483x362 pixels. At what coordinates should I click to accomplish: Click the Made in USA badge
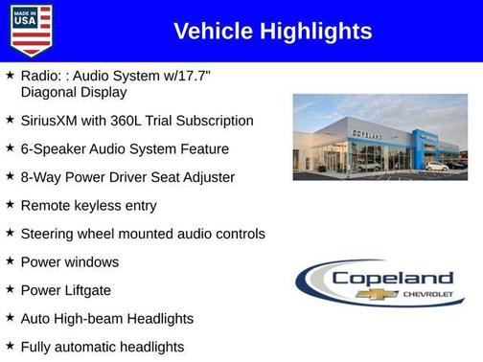coord(31,30)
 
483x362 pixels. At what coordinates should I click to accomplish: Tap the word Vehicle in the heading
coord(209,32)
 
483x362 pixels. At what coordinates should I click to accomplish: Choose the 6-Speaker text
coord(58,148)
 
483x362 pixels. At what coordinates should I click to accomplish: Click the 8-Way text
coord(45,177)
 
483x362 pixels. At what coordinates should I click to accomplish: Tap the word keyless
coord(99,205)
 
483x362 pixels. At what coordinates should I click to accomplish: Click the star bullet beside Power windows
coord(10,260)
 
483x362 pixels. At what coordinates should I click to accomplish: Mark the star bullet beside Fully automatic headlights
coord(10,345)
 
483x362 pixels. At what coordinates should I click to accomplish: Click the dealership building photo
coord(379,137)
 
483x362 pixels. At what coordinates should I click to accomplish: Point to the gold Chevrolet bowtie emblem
coord(377,294)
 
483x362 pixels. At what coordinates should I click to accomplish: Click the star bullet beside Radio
coord(10,75)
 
